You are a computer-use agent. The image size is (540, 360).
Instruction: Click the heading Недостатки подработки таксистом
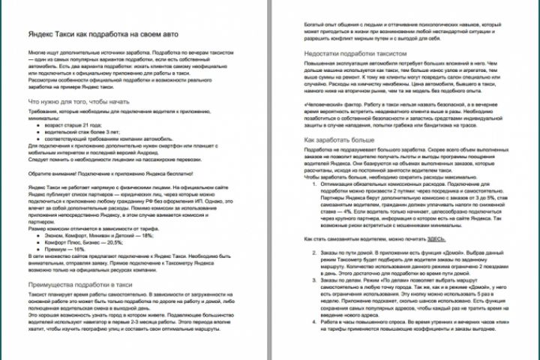355,55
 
